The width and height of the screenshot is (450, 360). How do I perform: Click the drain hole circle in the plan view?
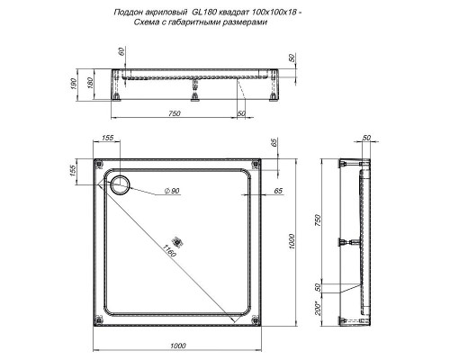(118, 187)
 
